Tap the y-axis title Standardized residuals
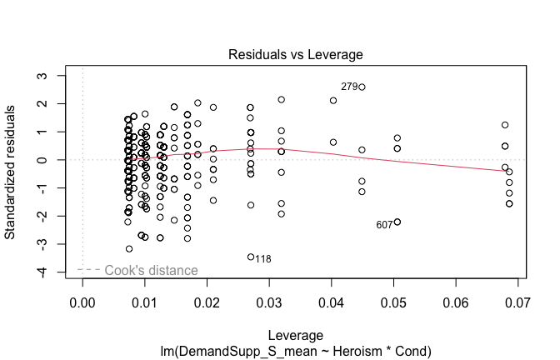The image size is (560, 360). pyautogui.click(x=14, y=172)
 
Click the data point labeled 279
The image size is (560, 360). pyautogui.click(x=362, y=87)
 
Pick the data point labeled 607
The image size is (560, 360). pyautogui.click(x=397, y=222)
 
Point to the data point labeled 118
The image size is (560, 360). pyautogui.click(x=251, y=257)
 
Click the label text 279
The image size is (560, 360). pyautogui.click(x=348, y=87)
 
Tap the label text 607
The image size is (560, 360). pyautogui.click(x=384, y=225)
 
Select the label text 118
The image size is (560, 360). pyautogui.click(x=263, y=259)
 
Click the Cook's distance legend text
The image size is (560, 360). pyautogui.click(x=151, y=270)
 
